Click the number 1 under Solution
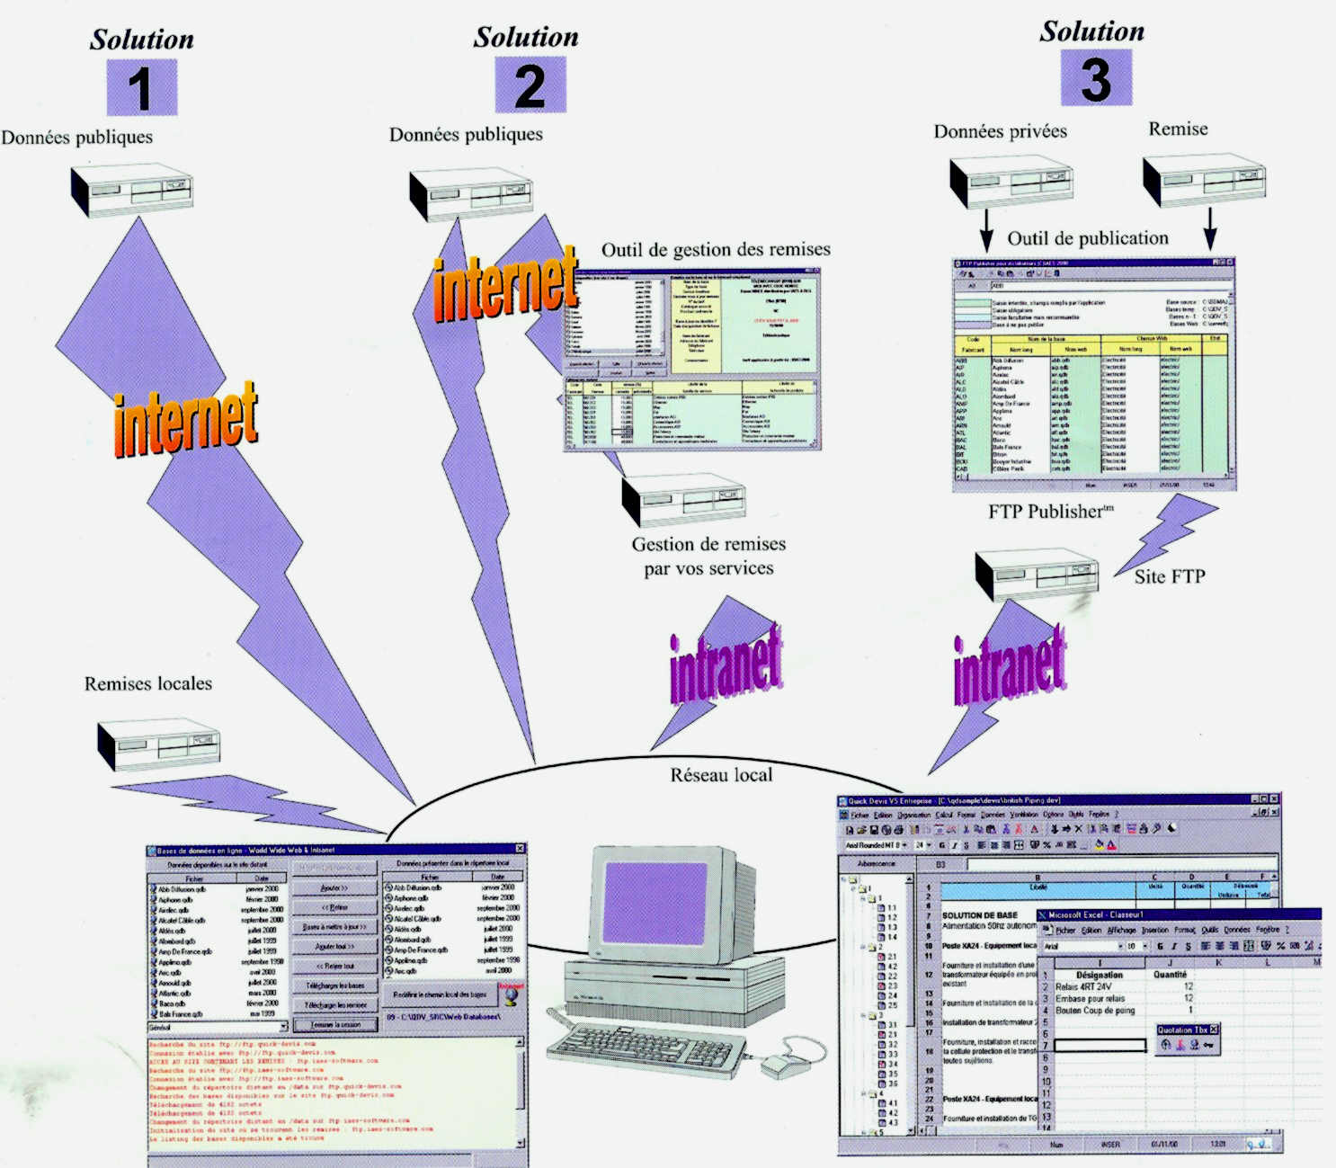coord(141,88)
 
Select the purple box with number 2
coord(530,85)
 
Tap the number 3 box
coord(1095,79)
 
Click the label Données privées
coord(1000,131)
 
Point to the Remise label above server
coord(1178,129)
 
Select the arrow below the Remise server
coord(1209,228)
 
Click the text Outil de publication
coord(1087,238)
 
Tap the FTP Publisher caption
coord(1049,512)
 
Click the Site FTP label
coord(1169,576)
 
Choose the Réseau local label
coord(721,775)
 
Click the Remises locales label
coord(148,683)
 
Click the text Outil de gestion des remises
coord(716,249)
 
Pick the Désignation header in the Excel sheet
coord(1099,975)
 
